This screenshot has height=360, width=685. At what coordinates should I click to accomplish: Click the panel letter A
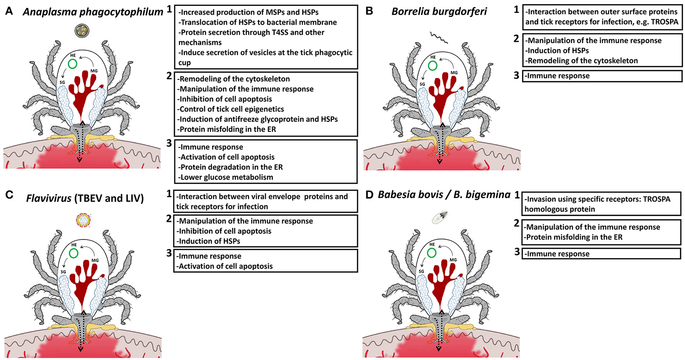(x=9, y=11)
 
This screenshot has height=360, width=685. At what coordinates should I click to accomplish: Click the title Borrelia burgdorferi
(x=439, y=12)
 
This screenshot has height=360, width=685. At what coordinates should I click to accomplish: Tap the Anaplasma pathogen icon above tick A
(x=82, y=31)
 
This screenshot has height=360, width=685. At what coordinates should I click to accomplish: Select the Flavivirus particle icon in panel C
(x=83, y=220)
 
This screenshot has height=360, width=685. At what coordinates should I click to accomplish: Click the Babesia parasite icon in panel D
(x=440, y=217)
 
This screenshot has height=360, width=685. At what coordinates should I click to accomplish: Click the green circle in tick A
(x=72, y=64)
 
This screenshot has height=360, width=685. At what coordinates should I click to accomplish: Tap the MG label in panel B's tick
(x=454, y=73)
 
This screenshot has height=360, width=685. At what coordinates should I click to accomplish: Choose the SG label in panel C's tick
(x=63, y=272)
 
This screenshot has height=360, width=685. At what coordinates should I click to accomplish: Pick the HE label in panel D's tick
(x=432, y=244)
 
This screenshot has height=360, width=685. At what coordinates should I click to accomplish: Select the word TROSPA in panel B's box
(x=665, y=22)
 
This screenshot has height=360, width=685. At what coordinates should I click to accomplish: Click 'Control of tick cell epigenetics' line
(x=231, y=109)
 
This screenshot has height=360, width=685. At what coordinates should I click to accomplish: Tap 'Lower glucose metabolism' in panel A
(x=227, y=177)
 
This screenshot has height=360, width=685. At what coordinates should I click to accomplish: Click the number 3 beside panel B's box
(x=516, y=75)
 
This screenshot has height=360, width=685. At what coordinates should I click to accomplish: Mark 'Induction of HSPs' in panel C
(x=209, y=241)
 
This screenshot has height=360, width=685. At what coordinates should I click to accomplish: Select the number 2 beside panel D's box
(x=516, y=223)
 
